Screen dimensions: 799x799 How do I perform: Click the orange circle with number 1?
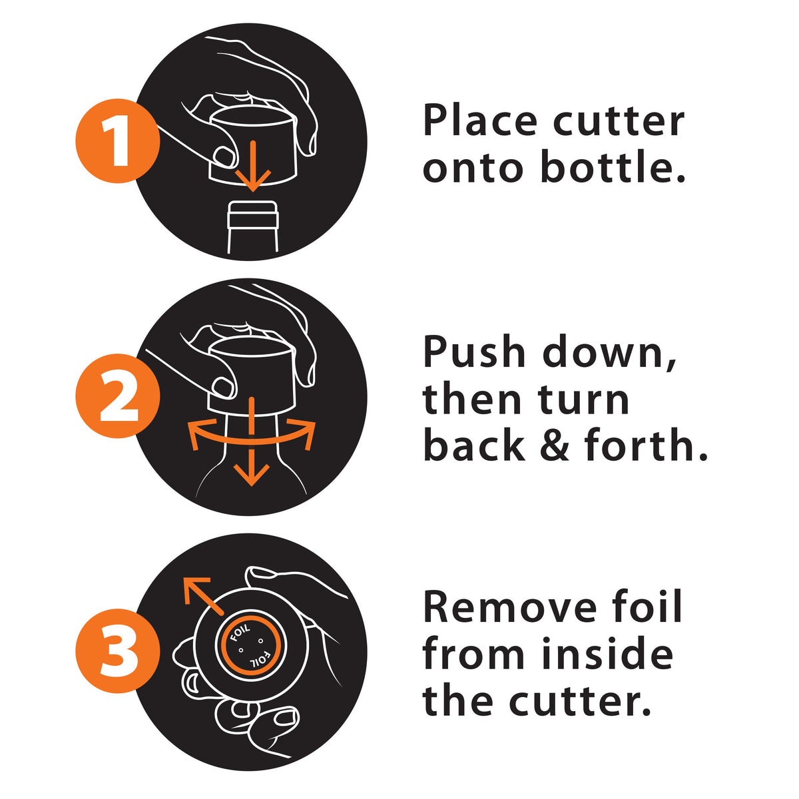[117, 140]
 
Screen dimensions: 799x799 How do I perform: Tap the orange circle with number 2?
[117, 396]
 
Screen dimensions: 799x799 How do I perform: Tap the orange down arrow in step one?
[253, 166]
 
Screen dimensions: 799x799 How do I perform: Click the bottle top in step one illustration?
[253, 214]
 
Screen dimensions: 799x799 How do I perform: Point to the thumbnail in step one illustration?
[225, 156]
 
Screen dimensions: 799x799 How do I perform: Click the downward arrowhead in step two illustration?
[251, 474]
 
